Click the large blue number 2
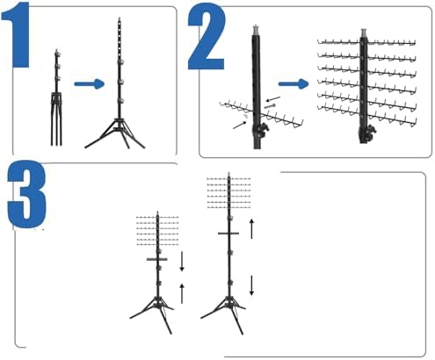207,36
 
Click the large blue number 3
27,194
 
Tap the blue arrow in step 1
90,84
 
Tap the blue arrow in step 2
294,84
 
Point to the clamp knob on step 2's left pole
263,130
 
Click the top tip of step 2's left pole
256,25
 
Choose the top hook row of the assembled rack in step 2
366,42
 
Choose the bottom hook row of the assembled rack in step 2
367,115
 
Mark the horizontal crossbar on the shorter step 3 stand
157,259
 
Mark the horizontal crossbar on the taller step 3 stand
228,234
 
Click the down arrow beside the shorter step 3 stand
182,261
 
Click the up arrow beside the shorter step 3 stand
182,293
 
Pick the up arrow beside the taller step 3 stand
251,228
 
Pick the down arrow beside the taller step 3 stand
251,285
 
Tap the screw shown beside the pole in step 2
270,105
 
